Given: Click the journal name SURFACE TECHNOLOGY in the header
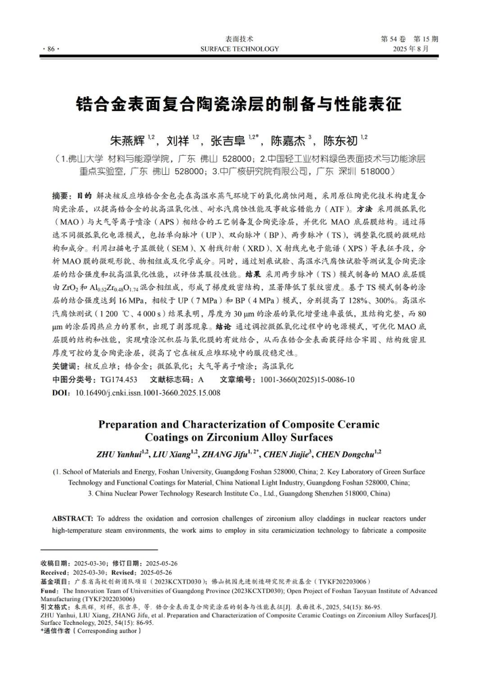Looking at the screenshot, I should pos(239,49).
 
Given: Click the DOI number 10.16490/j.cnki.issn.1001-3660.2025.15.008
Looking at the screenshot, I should pos(148,392).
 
